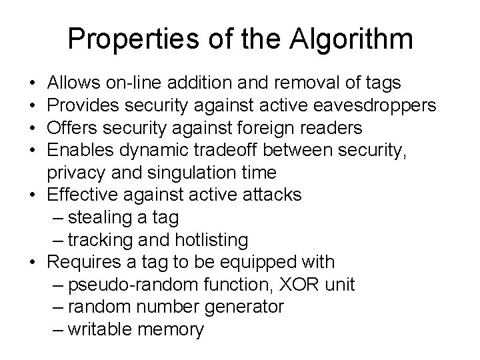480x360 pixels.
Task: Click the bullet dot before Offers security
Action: click(33, 127)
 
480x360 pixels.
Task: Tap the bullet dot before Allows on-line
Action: click(33, 83)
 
